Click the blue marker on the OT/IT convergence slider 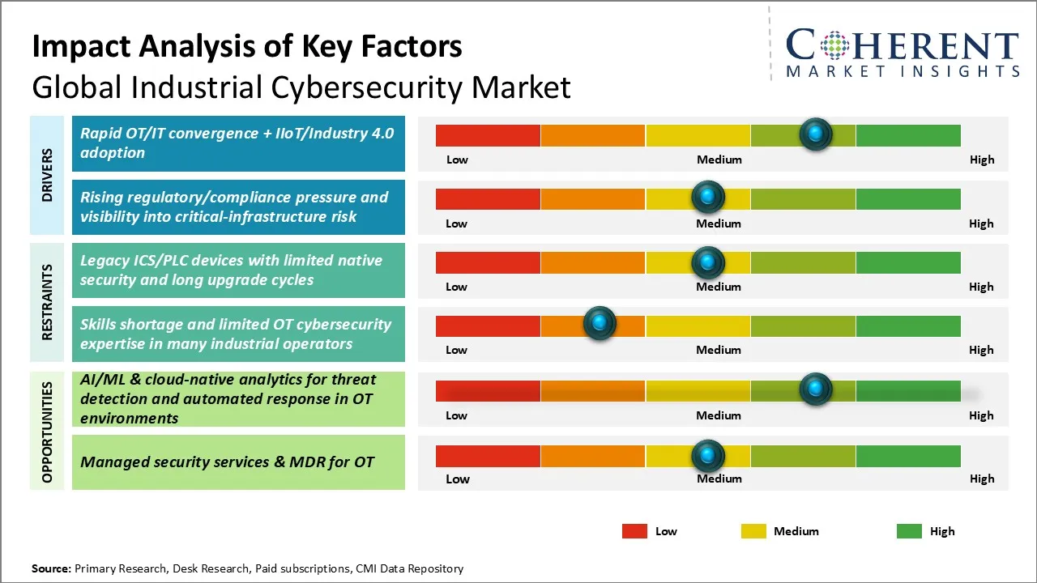click(815, 134)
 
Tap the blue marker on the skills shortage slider click(600, 324)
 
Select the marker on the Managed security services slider click(708, 456)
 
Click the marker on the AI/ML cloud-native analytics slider click(815, 389)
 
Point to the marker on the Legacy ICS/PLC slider click(708, 262)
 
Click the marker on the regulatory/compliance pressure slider click(708, 197)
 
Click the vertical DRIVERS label click(47, 175)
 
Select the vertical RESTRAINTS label click(47, 302)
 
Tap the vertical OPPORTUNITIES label click(47, 432)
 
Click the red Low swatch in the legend click(634, 531)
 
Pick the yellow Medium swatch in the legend click(753, 531)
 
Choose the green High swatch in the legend click(909, 531)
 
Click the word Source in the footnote click(50, 568)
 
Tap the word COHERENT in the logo click(902, 45)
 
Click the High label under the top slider click(981, 160)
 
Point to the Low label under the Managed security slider click(457, 479)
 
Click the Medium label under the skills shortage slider click(718, 350)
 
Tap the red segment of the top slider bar click(488, 135)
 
